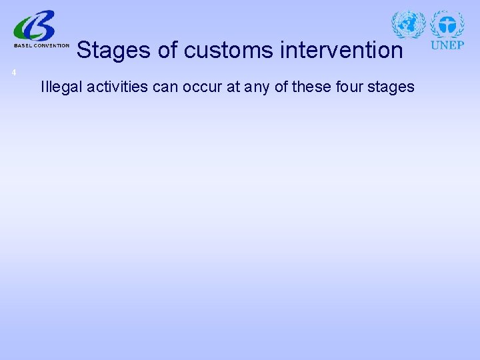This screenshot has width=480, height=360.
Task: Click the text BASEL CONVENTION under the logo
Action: coord(41,46)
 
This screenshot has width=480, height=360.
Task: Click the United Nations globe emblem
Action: coord(408,25)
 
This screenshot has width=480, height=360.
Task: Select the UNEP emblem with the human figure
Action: coord(447,25)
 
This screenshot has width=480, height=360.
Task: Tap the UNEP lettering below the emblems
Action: coord(447,46)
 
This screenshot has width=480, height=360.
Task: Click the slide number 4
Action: coord(13,72)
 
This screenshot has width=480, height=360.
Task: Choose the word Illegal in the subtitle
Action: coord(59,87)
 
